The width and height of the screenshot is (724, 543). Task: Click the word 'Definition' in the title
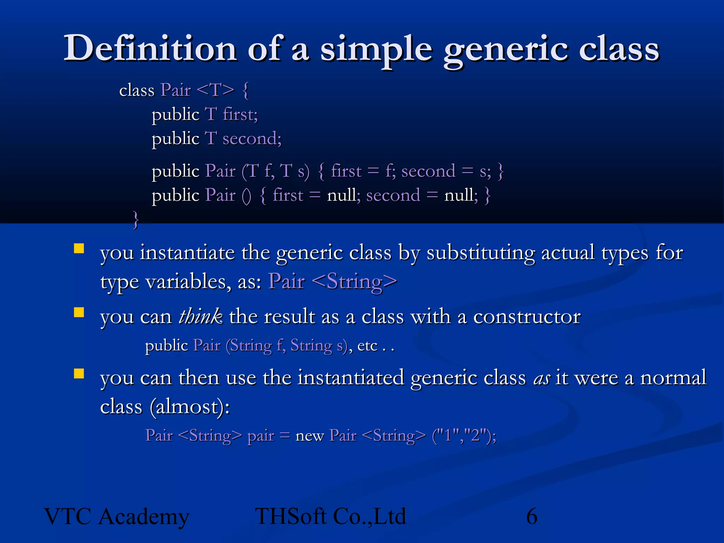pos(150,49)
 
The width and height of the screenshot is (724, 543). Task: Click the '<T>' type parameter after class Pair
pos(215,90)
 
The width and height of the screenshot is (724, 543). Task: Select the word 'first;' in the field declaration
pos(240,115)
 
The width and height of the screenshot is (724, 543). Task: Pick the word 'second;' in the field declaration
pos(252,139)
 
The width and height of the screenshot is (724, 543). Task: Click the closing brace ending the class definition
pos(135,220)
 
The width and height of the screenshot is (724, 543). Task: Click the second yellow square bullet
pos(79,312)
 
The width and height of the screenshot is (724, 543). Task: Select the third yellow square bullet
pos(79,374)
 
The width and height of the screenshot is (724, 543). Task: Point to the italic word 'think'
pos(200,316)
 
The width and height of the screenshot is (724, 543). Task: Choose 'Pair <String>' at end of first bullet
pos(332,282)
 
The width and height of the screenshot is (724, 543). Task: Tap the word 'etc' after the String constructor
pos(367,346)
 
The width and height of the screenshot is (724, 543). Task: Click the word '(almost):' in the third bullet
pos(189,407)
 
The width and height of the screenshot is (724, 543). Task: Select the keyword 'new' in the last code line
pos(309,436)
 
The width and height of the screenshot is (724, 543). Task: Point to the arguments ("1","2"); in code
pos(464,436)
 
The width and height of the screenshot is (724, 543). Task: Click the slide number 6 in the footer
pos(531,516)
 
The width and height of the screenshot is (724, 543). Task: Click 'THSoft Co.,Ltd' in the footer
pos(331,516)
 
